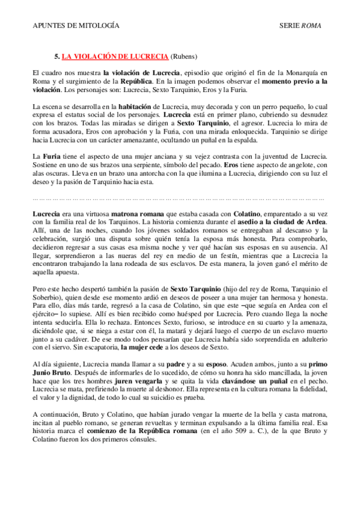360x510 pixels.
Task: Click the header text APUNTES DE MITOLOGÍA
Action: [x=75, y=26]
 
